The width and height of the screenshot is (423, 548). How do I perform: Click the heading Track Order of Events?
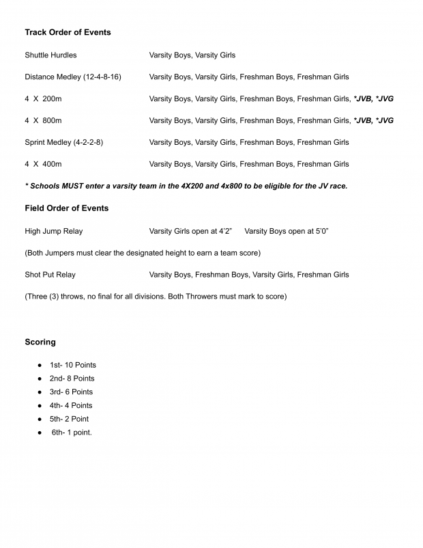pyautogui.click(x=68, y=32)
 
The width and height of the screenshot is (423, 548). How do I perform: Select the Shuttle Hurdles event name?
pyautogui.click(x=50, y=55)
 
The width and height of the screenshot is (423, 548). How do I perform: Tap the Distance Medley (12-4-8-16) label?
pyautogui.click(x=73, y=77)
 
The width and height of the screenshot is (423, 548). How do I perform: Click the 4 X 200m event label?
pyautogui.click(x=43, y=98)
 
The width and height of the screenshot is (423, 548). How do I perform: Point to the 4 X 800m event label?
pyautogui.click(x=43, y=120)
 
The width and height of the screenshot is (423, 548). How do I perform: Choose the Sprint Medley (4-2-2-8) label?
pyautogui.click(x=64, y=142)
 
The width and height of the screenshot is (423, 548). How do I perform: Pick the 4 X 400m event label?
pyautogui.click(x=43, y=164)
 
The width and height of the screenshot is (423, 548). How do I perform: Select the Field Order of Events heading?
pyautogui.click(x=66, y=208)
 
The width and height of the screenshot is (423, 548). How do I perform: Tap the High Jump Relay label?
pyautogui.click(x=53, y=231)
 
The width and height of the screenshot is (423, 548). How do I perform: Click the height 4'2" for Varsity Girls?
pyautogui.click(x=223, y=231)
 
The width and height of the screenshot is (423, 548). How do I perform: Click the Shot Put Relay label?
pyautogui.click(x=50, y=275)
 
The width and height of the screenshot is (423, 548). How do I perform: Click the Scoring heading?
pyautogui.click(x=40, y=342)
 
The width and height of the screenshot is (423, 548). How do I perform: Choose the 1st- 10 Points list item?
pyautogui.click(x=72, y=365)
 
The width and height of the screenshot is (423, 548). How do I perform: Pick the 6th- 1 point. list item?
pyautogui.click(x=72, y=433)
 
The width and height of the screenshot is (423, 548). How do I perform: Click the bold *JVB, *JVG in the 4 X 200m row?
pyautogui.click(x=373, y=98)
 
